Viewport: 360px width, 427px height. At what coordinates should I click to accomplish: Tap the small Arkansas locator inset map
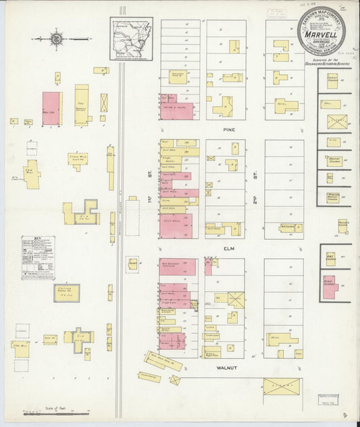pyautogui.click(x=132, y=39)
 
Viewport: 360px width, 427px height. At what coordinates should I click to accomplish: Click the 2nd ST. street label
pyautogui.click(x=256, y=177)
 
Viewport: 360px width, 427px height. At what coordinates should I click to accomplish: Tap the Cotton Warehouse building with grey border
pyautogui.click(x=67, y=293)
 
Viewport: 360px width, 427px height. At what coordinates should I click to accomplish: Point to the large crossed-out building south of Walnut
pyautogui.click(x=281, y=387)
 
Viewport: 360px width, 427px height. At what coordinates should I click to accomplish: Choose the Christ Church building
pyautogui.click(x=332, y=82)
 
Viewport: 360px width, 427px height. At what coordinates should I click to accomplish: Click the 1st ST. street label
pyautogui.click(x=152, y=177)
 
